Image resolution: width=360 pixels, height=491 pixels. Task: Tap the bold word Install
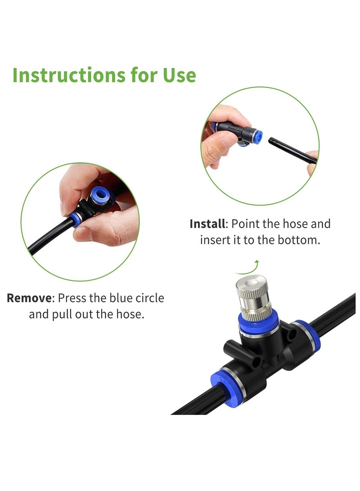pyautogui.click(x=207, y=224)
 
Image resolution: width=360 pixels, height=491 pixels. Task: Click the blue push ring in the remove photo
pyautogui.click(x=98, y=196)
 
